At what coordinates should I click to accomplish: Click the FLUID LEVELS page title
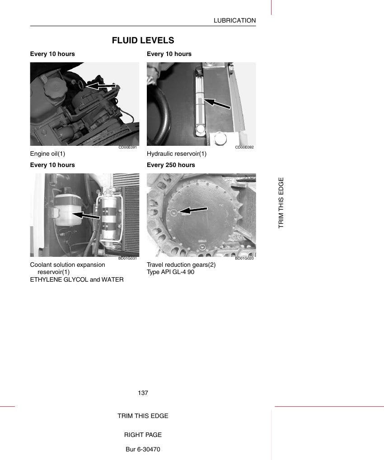(x=143, y=40)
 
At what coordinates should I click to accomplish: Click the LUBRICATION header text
(x=234, y=20)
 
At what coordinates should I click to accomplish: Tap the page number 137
(x=143, y=393)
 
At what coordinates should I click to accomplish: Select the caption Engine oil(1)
(x=47, y=154)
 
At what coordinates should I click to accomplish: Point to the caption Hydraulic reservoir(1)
(x=177, y=154)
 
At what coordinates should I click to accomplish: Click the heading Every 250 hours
(x=171, y=165)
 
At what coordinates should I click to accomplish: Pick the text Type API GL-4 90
(x=171, y=272)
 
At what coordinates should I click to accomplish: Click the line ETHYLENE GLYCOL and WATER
(x=77, y=279)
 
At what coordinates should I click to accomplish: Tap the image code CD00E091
(x=127, y=147)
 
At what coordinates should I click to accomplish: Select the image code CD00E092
(x=244, y=147)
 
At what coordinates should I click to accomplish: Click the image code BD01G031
(x=127, y=258)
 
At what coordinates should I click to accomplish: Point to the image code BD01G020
(x=244, y=258)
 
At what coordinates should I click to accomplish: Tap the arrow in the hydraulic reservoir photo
(x=217, y=103)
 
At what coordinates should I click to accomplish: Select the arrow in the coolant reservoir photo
(x=86, y=215)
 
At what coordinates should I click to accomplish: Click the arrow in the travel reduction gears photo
(x=192, y=210)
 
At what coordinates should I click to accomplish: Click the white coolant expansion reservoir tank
(x=68, y=210)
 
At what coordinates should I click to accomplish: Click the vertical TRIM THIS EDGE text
(x=281, y=203)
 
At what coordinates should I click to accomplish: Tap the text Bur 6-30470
(x=143, y=449)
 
